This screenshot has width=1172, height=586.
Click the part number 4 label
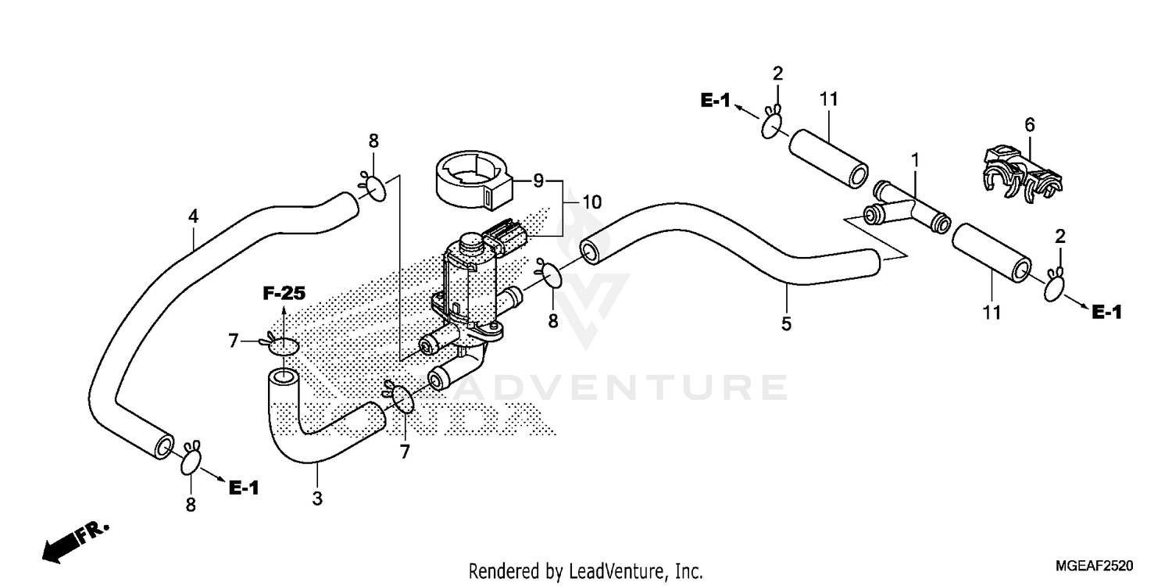pos(193,216)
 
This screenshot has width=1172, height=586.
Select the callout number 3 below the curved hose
pos(316,498)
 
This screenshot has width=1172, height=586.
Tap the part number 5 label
pos(786,323)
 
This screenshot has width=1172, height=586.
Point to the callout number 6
pos(1029,124)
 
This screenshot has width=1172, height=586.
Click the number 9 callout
pos(538,181)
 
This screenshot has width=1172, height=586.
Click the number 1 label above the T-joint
pos(914,159)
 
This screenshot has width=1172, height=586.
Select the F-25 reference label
pos(283,294)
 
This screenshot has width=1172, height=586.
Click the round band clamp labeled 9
pos(472,183)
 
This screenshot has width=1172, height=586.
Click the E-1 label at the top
pos(715,100)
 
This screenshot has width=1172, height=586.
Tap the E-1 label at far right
pos(1106,313)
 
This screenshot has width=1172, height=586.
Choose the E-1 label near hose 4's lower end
pos(243,488)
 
